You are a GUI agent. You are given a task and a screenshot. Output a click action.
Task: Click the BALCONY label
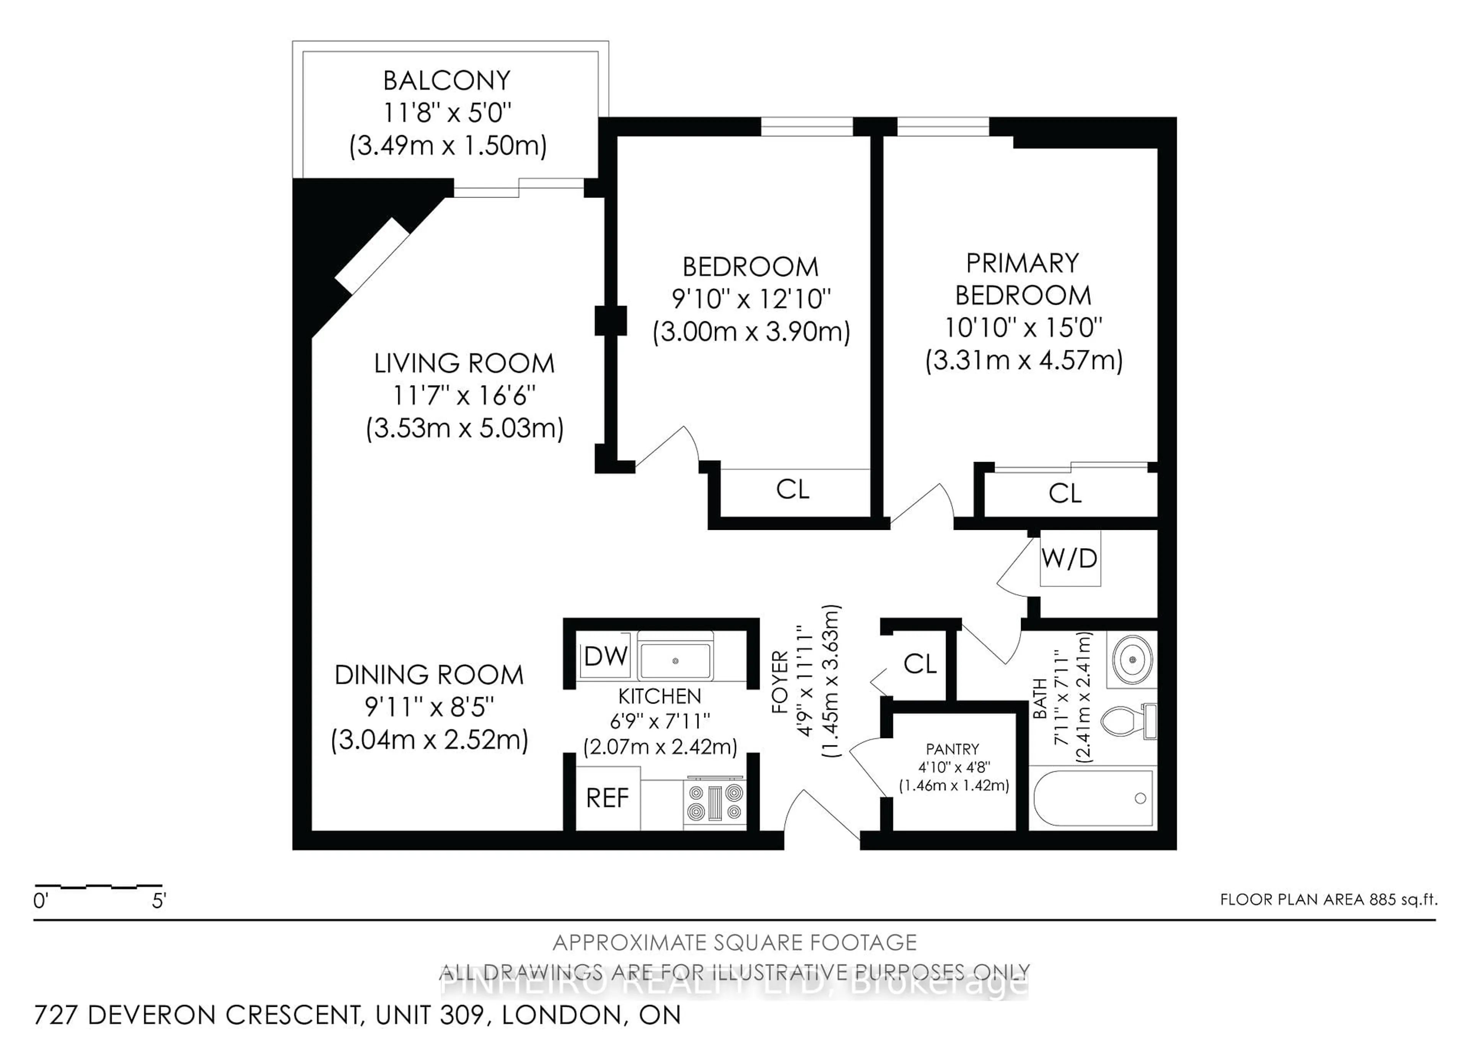446,81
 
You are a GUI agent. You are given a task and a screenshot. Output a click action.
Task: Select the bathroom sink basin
1132,659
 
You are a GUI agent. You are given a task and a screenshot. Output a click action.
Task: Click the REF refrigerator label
607,798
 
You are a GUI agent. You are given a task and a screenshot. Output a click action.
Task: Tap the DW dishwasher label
605,656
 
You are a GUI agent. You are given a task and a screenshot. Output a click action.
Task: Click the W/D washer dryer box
1070,558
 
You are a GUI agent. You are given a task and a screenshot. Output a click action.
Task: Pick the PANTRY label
952,749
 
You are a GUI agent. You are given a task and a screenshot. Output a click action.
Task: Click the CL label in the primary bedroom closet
1065,493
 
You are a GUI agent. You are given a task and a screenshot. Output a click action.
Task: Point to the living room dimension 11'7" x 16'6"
464,395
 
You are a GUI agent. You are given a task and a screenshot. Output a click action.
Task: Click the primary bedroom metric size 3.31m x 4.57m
1024,360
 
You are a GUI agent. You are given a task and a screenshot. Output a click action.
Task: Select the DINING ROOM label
429,675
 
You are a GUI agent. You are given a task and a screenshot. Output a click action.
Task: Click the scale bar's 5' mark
159,901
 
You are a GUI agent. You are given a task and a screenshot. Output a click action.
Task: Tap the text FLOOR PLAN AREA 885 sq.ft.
1328,899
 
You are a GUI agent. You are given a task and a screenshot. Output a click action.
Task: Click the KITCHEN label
659,696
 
